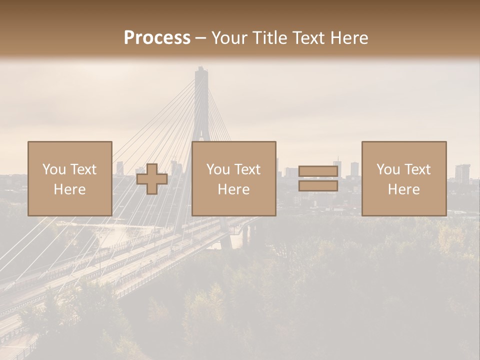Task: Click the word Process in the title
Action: click(157, 37)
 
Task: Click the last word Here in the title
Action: click(350, 37)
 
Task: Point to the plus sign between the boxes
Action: click(152, 179)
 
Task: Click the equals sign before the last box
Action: click(318, 179)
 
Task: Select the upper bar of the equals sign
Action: click(318, 172)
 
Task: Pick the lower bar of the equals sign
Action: click(318, 186)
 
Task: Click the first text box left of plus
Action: click(70, 179)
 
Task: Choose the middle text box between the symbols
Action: click(233, 179)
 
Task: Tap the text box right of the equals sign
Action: click(404, 179)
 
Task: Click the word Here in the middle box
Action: click(233, 189)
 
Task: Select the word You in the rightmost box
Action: click(388, 169)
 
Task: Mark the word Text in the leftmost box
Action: click(83, 169)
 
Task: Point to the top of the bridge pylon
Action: click(201, 70)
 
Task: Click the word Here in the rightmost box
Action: click(404, 189)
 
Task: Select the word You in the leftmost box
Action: click(54, 169)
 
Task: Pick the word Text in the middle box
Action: click(247, 169)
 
